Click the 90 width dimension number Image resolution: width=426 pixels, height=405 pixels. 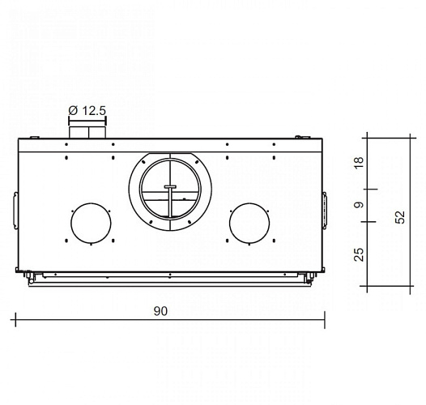coord(170,309)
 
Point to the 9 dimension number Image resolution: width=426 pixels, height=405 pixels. coord(360,206)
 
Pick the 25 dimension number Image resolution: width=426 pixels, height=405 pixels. coord(360,254)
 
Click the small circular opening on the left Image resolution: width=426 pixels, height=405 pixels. coord(92,224)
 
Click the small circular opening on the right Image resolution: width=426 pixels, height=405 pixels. coord(250,224)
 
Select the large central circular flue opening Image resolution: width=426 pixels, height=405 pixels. coord(170,189)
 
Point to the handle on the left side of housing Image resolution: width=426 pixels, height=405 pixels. coord(15,208)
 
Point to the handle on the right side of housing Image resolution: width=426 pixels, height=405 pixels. coord(325,208)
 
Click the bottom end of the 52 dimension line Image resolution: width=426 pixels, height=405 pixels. coord(369,288)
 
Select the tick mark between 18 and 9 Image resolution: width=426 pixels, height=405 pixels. coord(369,190)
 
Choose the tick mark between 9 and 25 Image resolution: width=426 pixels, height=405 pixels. coord(369,221)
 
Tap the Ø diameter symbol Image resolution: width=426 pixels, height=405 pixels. coord(73,109)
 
